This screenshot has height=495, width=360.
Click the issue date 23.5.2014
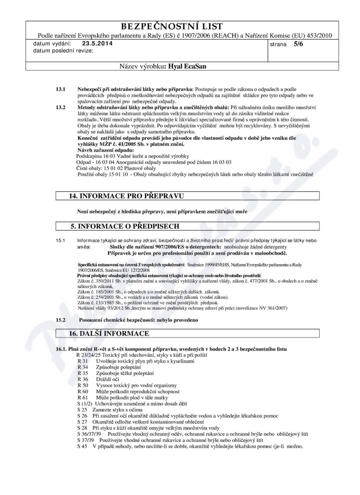pyautogui.click(x=98, y=44)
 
